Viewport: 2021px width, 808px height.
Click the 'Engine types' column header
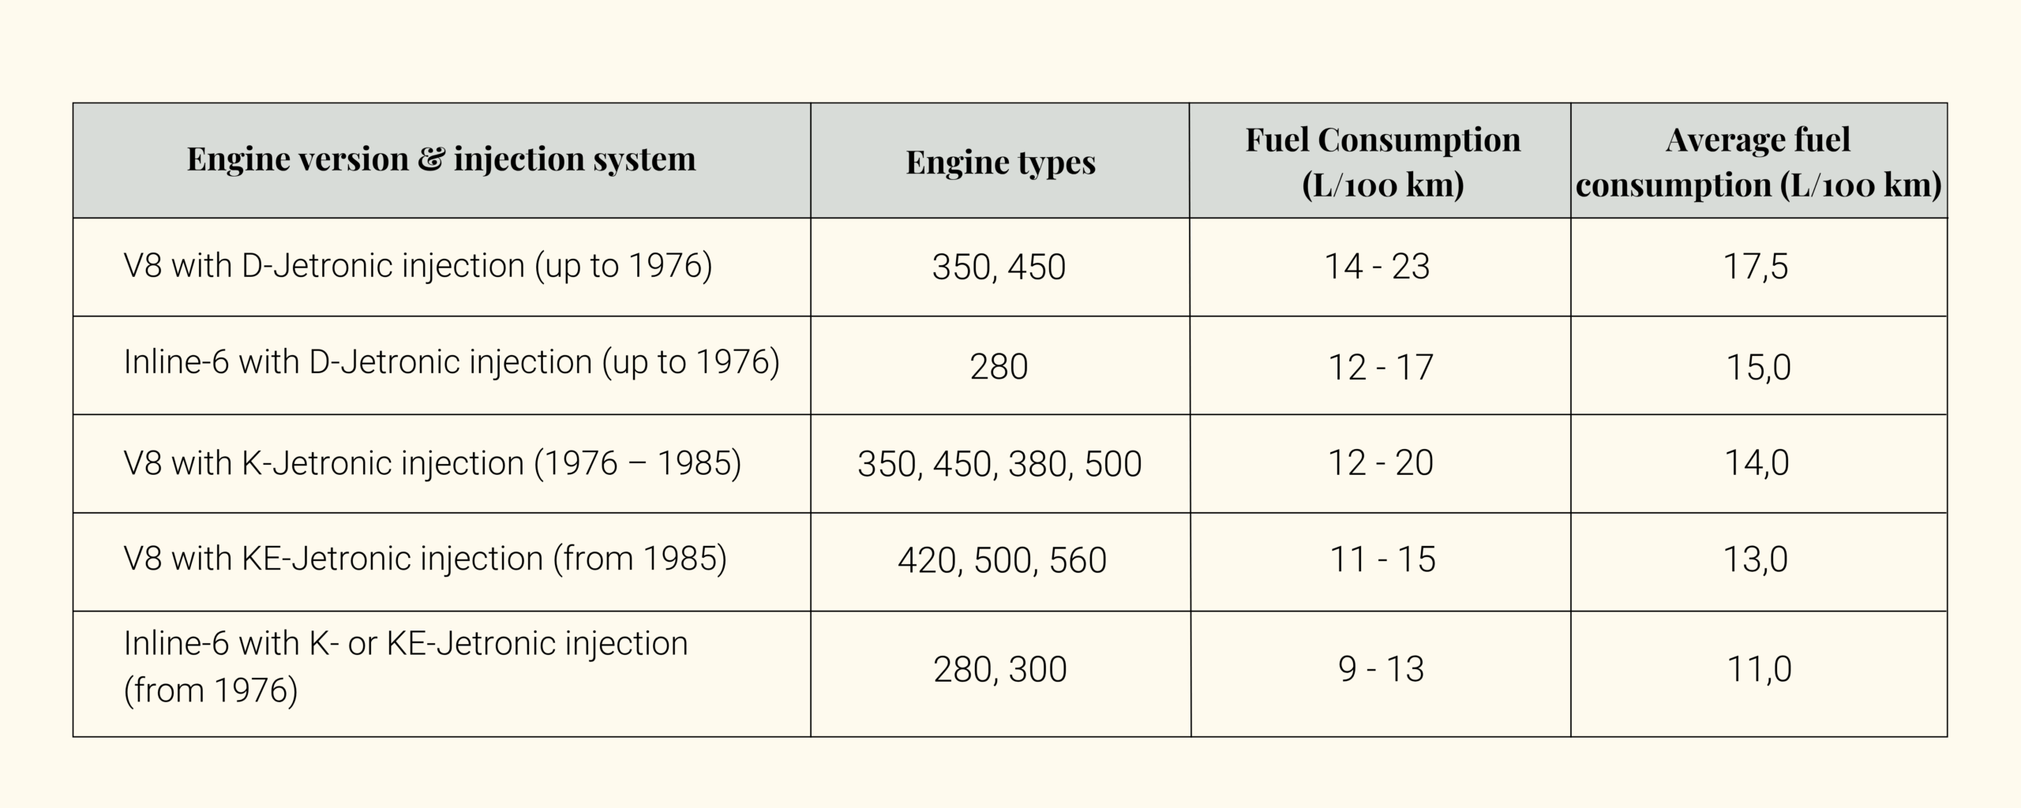tap(1000, 162)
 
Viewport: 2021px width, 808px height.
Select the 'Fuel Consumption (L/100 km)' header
tap(1382, 162)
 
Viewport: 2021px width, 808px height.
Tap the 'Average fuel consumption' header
tap(1758, 162)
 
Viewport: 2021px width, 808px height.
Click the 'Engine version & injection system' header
tap(441, 159)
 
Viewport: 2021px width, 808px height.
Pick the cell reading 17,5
tap(1756, 267)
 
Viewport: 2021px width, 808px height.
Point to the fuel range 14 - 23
tap(1377, 267)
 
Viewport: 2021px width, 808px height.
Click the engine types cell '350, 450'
tap(999, 267)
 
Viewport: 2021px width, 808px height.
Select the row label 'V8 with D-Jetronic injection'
tap(418, 266)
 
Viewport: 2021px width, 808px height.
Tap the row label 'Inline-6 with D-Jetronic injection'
tap(452, 363)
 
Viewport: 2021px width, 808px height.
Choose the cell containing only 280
tap(999, 367)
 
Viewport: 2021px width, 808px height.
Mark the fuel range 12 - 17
tap(1380, 367)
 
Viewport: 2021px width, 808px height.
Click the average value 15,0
tap(1758, 367)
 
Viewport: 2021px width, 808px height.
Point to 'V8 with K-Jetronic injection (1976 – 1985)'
tap(433, 463)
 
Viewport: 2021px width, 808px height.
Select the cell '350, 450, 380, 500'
tap(999, 464)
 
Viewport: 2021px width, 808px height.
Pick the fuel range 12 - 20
tap(1380, 463)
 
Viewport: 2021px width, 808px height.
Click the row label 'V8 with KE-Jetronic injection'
tap(425, 559)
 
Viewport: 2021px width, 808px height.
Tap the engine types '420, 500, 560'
tap(1002, 560)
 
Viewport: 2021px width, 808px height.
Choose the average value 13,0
tap(1756, 560)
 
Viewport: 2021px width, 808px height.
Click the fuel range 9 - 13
tap(1381, 669)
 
